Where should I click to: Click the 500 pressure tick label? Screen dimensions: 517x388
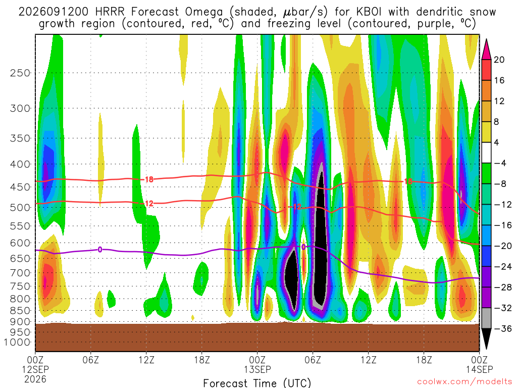20,208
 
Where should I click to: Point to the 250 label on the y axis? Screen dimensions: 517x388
20,73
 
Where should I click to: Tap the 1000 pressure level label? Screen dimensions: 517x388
17,342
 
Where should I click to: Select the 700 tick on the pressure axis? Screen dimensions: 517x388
20,273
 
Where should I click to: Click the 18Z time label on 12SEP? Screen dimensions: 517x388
202,360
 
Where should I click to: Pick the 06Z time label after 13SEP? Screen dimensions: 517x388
313,360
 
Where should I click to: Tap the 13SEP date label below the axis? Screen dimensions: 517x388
257,369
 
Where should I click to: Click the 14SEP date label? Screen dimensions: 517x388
479,369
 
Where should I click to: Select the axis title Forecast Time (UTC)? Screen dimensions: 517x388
257,383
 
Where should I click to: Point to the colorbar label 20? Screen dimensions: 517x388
499,60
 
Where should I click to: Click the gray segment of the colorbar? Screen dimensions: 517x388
486,318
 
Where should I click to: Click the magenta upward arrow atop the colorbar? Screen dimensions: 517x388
486,50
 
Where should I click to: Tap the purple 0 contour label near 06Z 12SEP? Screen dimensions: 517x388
99,250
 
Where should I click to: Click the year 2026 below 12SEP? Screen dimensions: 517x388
35,379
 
